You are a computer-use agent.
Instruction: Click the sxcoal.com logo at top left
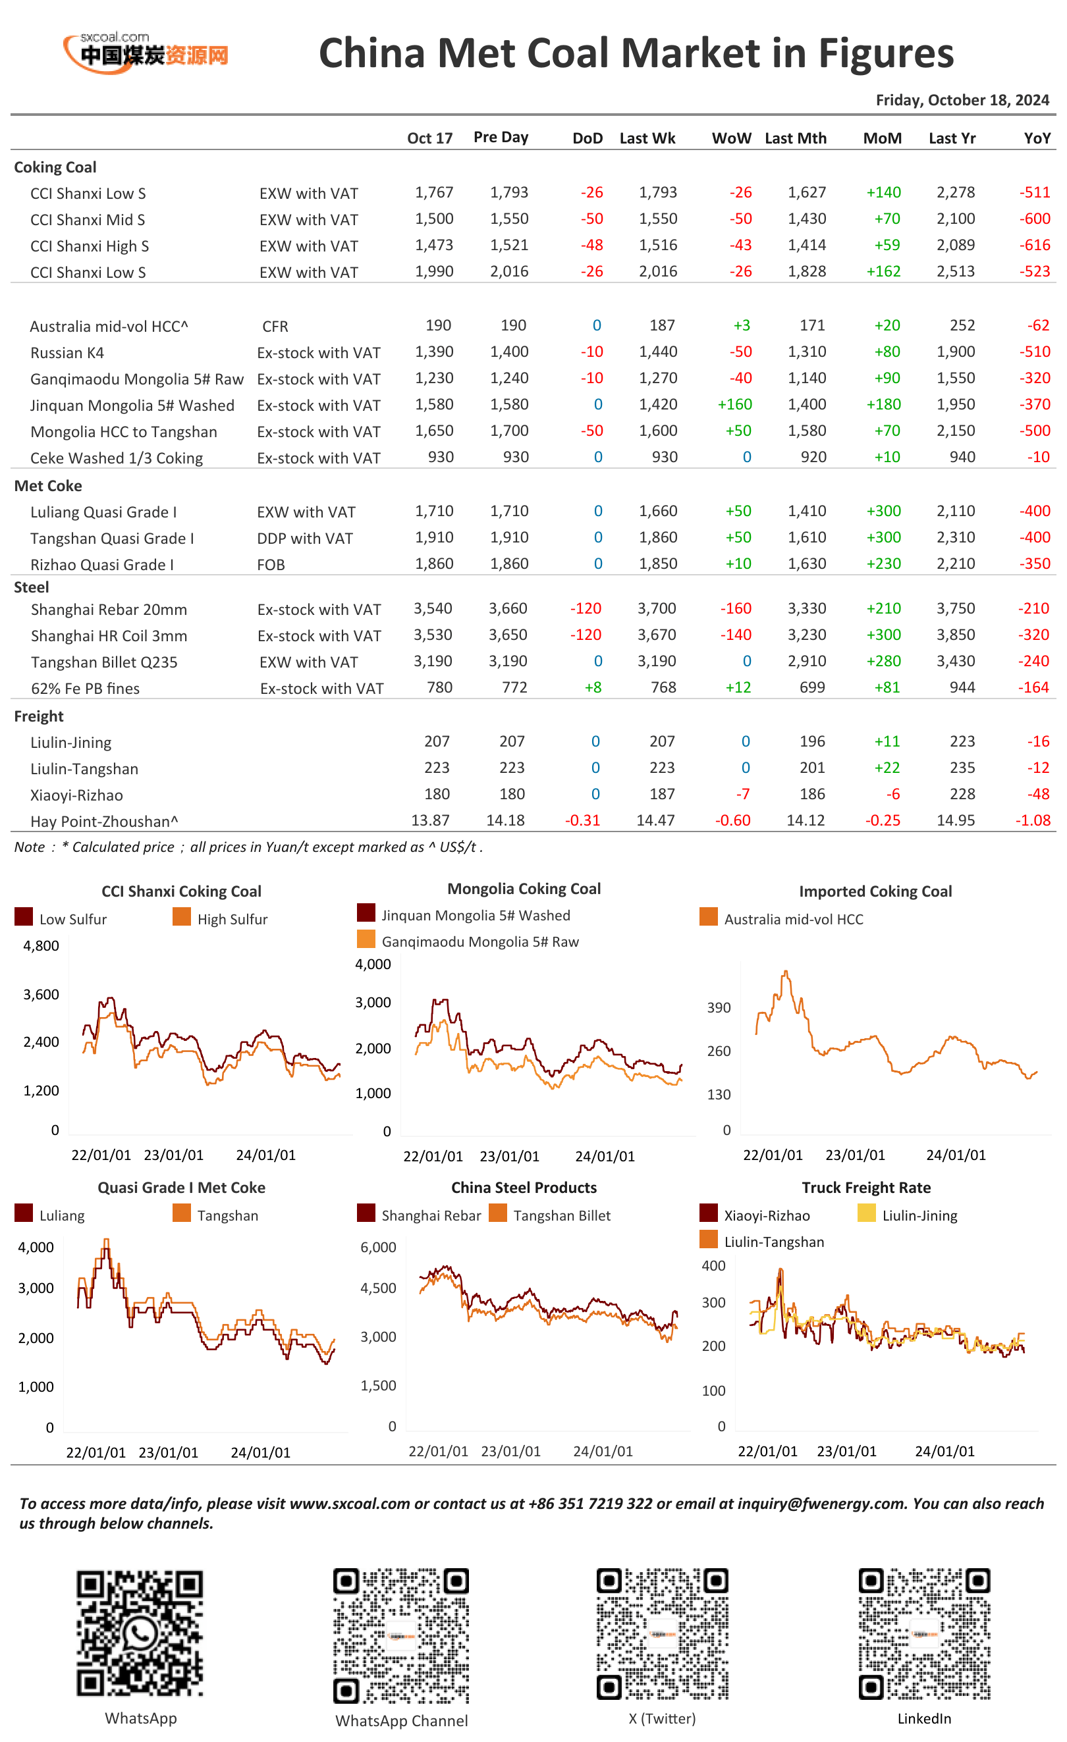click(x=146, y=51)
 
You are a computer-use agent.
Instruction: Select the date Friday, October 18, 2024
click(x=962, y=100)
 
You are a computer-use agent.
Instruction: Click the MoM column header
click(x=882, y=138)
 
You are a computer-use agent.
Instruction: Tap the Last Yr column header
click(x=952, y=138)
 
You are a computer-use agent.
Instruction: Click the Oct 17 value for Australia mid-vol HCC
click(x=439, y=325)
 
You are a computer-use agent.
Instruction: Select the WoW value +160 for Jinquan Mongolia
click(x=734, y=404)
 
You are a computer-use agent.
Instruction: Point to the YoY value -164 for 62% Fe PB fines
click(x=1035, y=687)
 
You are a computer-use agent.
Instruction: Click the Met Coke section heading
click(x=48, y=486)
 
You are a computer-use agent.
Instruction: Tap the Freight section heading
click(x=39, y=716)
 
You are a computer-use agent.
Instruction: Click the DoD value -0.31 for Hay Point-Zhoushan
click(x=583, y=820)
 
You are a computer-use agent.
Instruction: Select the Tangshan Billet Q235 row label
click(x=104, y=662)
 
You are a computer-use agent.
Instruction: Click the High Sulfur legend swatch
click(x=182, y=917)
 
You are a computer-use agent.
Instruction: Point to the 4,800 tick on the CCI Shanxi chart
click(x=41, y=946)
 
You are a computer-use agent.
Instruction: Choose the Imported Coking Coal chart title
click(x=875, y=891)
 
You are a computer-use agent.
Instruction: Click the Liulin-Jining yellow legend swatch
click(x=866, y=1213)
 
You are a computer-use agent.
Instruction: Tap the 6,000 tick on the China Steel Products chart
click(x=378, y=1247)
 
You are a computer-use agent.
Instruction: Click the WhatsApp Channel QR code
click(x=401, y=1635)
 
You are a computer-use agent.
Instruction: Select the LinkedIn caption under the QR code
click(x=924, y=1719)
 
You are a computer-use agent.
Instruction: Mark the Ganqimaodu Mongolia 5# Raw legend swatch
click(x=366, y=939)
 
